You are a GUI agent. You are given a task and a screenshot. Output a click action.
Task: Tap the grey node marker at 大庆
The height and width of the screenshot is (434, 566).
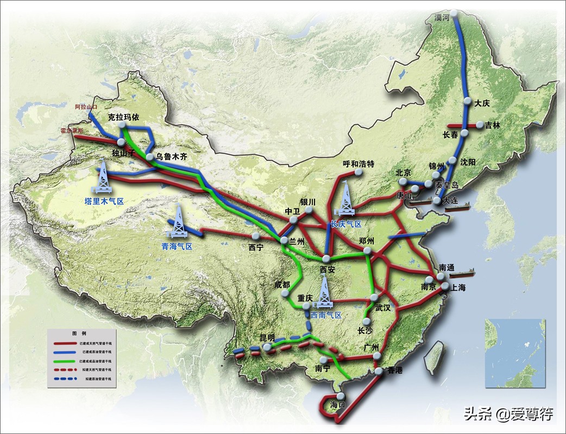tap(467, 100)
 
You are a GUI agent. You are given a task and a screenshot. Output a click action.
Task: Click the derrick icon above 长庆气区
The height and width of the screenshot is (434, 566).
tap(345, 199)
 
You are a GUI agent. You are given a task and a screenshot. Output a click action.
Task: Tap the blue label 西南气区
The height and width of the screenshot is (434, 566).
tap(326, 315)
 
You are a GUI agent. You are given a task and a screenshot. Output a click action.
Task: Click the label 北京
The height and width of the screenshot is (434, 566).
tap(404, 173)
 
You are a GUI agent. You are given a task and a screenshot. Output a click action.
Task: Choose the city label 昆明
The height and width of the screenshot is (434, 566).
tap(267, 337)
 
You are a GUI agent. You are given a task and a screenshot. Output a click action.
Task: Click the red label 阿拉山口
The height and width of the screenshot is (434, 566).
tap(85, 107)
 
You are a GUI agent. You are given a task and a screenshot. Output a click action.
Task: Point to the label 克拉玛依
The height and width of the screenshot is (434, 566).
tap(123, 117)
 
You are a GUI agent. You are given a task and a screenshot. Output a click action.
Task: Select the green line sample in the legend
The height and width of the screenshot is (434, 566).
tap(65, 360)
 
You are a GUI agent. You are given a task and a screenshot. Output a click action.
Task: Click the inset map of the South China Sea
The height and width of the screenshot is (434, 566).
tap(515, 353)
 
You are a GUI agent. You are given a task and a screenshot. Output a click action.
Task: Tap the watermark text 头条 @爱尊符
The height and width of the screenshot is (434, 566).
tap(508, 414)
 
